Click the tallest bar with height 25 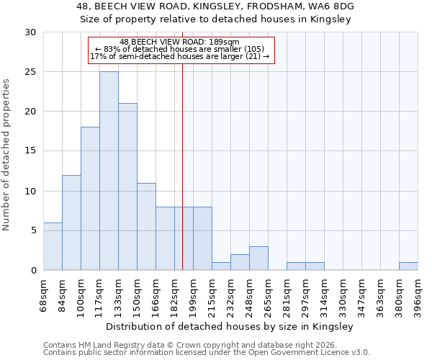click(109, 171)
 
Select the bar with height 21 click(127, 186)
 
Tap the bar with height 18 click(90, 198)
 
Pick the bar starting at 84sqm click(71, 222)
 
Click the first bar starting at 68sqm click(53, 246)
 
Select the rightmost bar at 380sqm click(408, 266)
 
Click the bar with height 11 click(146, 226)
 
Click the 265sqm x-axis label click(268, 295)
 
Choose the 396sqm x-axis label click(418, 295)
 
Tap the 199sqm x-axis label click(193, 295)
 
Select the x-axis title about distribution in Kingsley click(230, 326)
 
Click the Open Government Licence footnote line click(207, 353)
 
